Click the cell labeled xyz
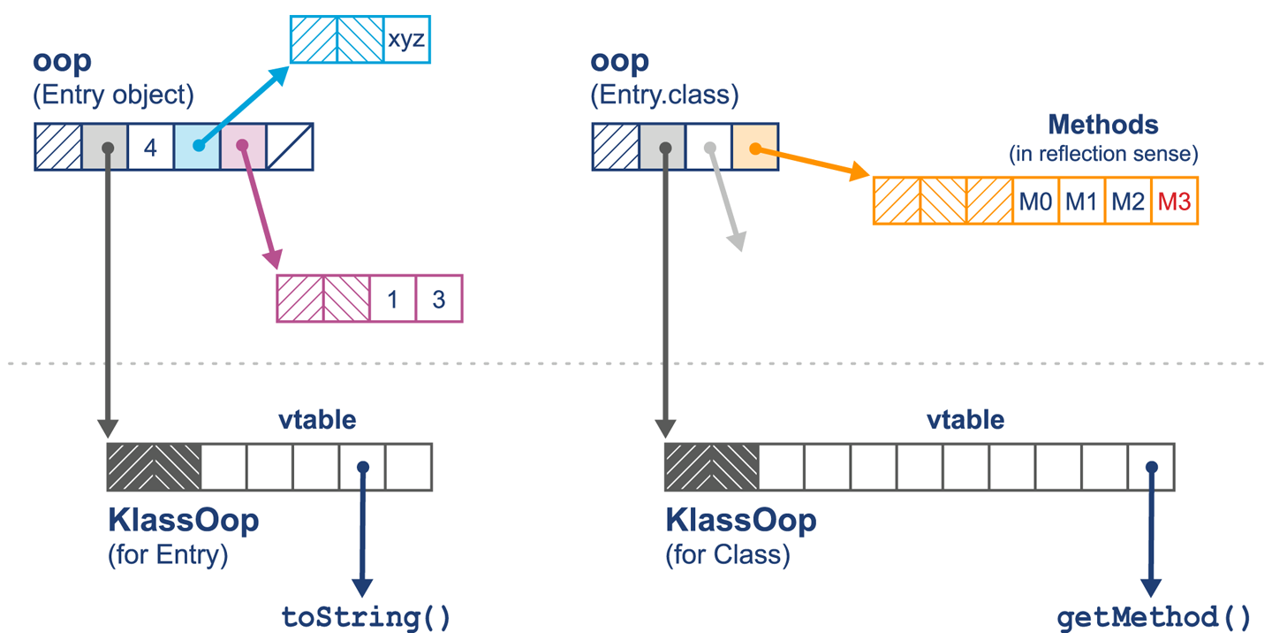pyautogui.click(x=406, y=40)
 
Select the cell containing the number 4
pyautogui.click(x=150, y=147)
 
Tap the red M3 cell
pyautogui.click(x=1175, y=202)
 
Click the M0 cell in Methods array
pyautogui.click(x=1035, y=202)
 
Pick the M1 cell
pyautogui.click(x=1081, y=202)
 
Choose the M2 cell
pyautogui.click(x=1128, y=202)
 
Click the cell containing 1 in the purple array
pyautogui.click(x=392, y=299)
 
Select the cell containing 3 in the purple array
pyautogui.click(x=439, y=299)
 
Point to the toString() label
pyautogui.click(x=366, y=615)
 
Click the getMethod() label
pyautogui.click(x=1154, y=615)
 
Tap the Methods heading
pyautogui.click(x=1102, y=125)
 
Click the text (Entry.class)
pyautogui.click(x=664, y=95)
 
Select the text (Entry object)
pyautogui.click(x=113, y=95)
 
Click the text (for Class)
pyautogui.click(x=727, y=556)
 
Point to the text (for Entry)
pyautogui.click(x=168, y=556)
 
